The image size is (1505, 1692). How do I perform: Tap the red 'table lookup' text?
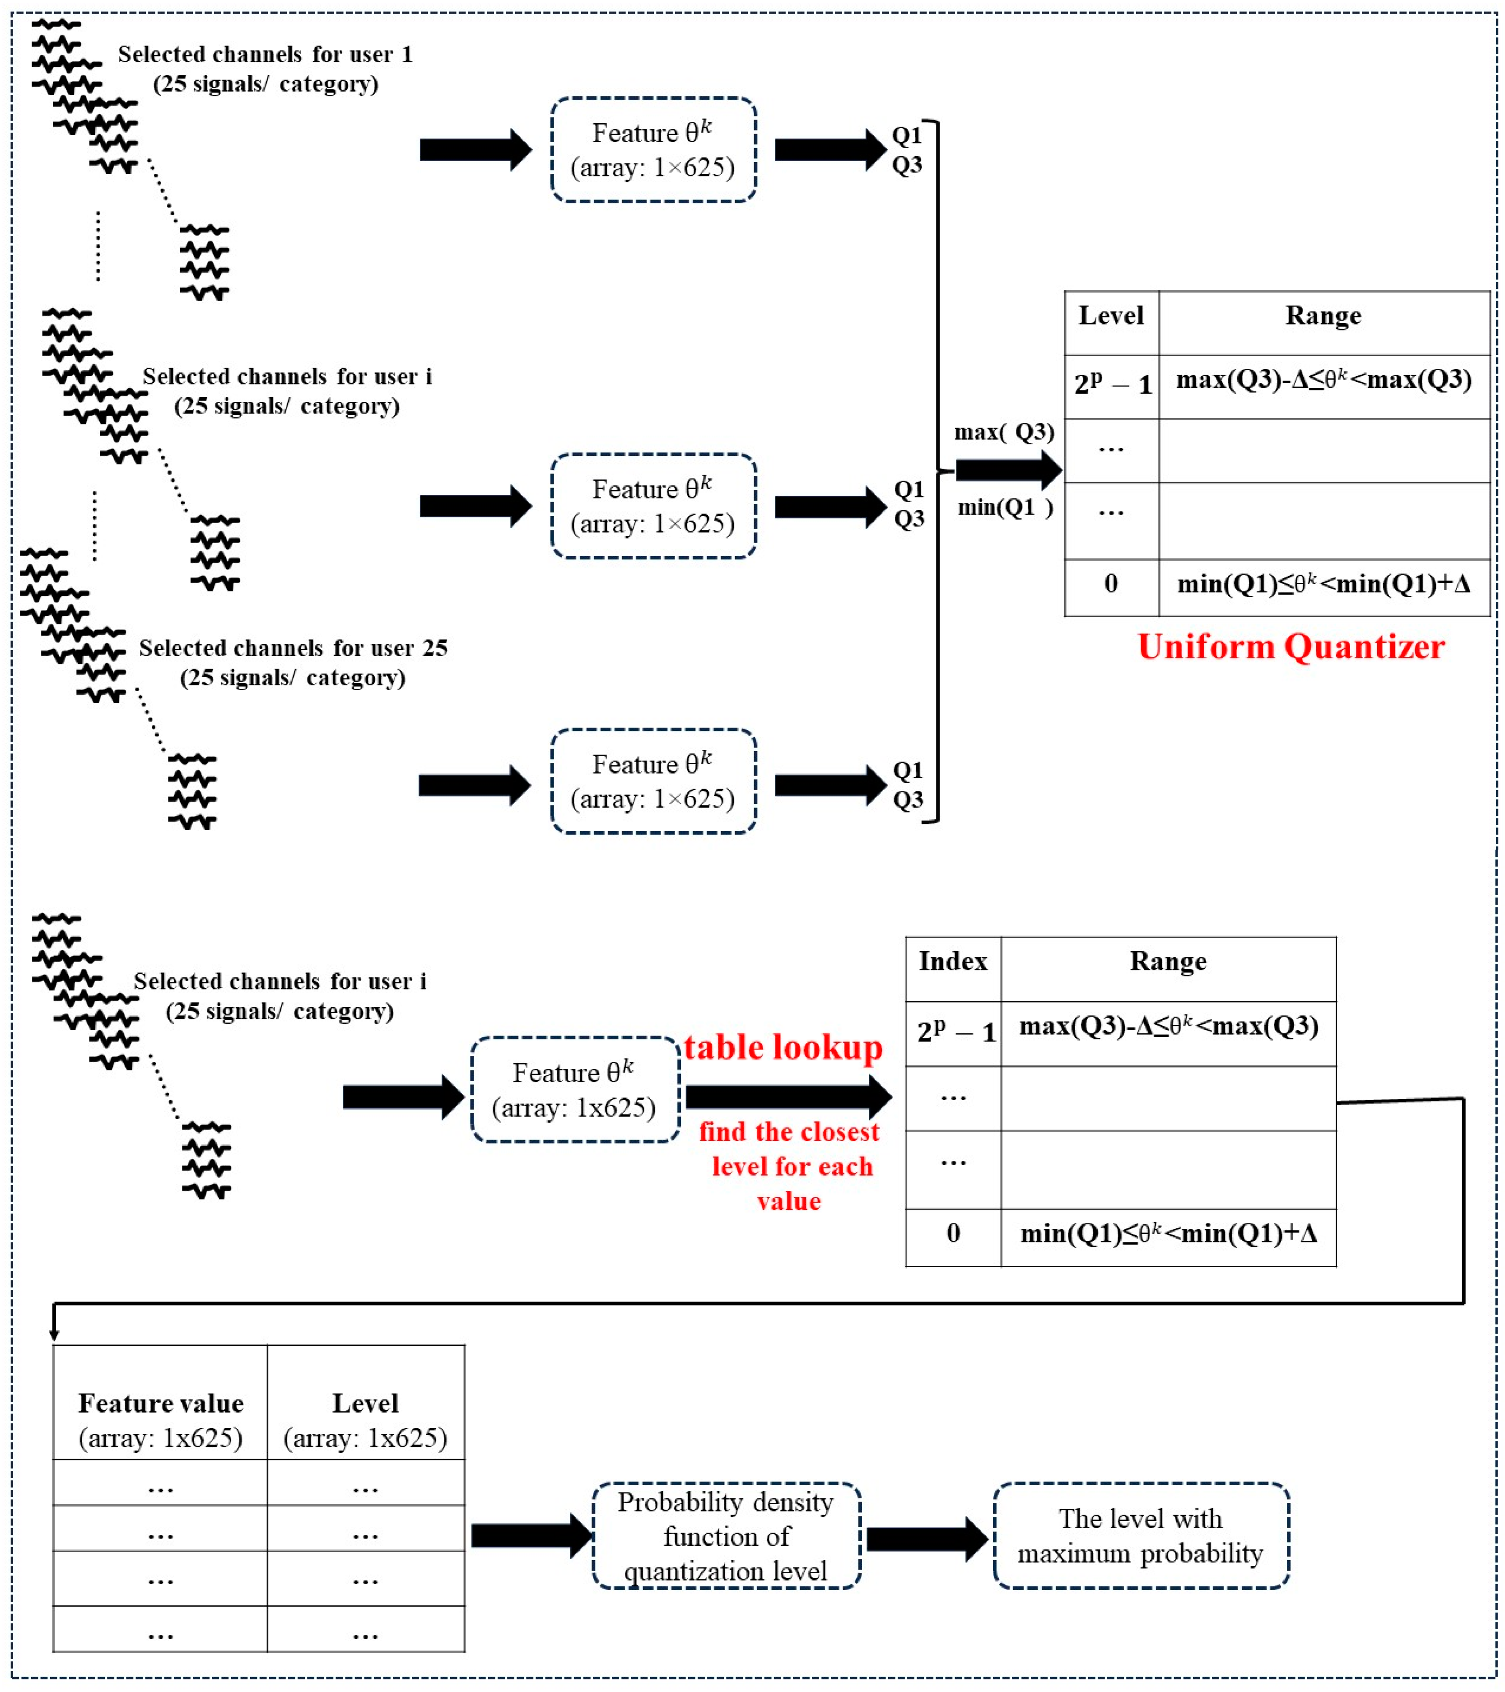[x=783, y=1048]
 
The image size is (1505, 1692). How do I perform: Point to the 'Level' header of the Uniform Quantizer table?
[x=1111, y=316]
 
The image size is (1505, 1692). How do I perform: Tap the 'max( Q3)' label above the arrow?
[x=1004, y=432]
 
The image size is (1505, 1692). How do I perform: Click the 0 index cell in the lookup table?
[x=953, y=1233]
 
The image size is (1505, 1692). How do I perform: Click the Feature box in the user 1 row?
[x=653, y=150]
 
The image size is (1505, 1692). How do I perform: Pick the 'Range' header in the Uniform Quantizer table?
[x=1323, y=316]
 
